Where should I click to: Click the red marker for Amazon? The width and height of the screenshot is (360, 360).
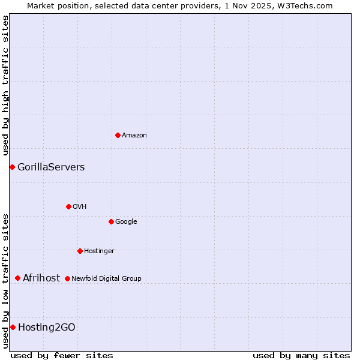pyautogui.click(x=118, y=135)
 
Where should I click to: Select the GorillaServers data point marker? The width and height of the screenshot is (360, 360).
pyautogui.click(x=12, y=167)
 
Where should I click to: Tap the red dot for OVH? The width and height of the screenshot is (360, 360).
pyautogui.click(x=68, y=206)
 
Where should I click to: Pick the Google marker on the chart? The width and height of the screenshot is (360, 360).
pyautogui.click(x=111, y=221)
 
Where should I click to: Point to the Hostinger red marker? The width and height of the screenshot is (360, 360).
pyautogui.click(x=80, y=251)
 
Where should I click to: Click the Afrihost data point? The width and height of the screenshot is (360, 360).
pyautogui.click(x=17, y=278)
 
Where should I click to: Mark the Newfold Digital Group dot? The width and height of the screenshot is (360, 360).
pyautogui.click(x=67, y=278)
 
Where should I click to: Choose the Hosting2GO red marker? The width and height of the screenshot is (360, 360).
pyautogui.click(x=13, y=327)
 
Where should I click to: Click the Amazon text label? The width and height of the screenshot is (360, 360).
pyautogui.click(x=134, y=136)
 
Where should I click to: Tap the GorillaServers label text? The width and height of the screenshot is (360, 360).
pyautogui.click(x=51, y=167)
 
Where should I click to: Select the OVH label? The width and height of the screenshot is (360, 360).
pyautogui.click(x=80, y=207)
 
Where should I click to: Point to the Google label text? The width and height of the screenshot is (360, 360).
pyautogui.click(x=126, y=222)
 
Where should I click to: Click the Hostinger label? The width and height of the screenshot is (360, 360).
pyautogui.click(x=99, y=251)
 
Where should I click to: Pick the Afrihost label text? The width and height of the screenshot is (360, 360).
pyautogui.click(x=41, y=278)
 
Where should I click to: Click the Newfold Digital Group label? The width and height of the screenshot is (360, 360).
pyautogui.click(x=106, y=279)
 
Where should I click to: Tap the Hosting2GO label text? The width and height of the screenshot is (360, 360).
pyautogui.click(x=47, y=328)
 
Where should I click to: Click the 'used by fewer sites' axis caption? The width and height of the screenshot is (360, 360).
pyautogui.click(x=62, y=355)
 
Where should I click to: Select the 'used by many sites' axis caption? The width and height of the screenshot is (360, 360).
pyautogui.click(x=301, y=355)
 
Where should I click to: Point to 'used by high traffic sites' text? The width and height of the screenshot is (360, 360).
pyautogui.click(x=5, y=86)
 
